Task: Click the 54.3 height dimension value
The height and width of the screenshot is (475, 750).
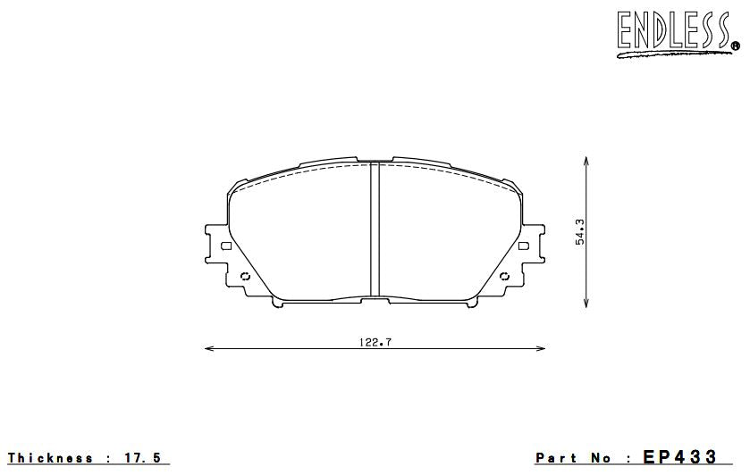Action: [580, 232]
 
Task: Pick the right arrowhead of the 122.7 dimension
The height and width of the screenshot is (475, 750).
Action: [544, 348]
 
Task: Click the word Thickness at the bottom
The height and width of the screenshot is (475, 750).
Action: [51, 458]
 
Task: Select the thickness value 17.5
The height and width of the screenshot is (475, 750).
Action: [143, 458]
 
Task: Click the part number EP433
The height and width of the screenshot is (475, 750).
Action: [679, 457]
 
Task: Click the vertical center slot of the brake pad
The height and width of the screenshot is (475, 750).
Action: [375, 229]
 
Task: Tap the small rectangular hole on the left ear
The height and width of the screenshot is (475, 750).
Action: [225, 246]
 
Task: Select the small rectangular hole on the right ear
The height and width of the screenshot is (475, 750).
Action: [526, 246]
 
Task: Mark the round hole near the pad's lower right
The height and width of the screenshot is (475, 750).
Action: [506, 275]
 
